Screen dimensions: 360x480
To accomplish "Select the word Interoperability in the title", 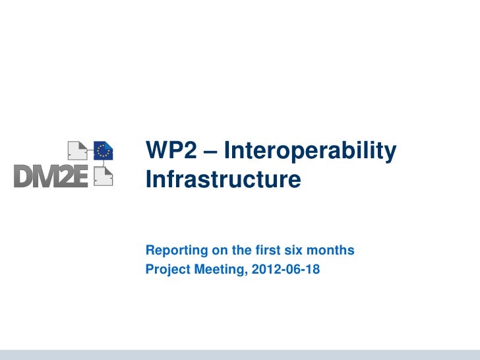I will (x=311, y=152).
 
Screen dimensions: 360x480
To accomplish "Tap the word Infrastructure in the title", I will (x=222, y=179).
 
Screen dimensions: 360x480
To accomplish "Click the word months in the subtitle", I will (x=330, y=251).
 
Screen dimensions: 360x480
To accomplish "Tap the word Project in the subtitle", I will (x=166, y=269).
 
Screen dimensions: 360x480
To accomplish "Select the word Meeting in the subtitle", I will (x=217, y=269).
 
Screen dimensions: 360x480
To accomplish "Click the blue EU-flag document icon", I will (x=103, y=150).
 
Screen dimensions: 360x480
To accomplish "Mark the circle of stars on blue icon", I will (x=102, y=151).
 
